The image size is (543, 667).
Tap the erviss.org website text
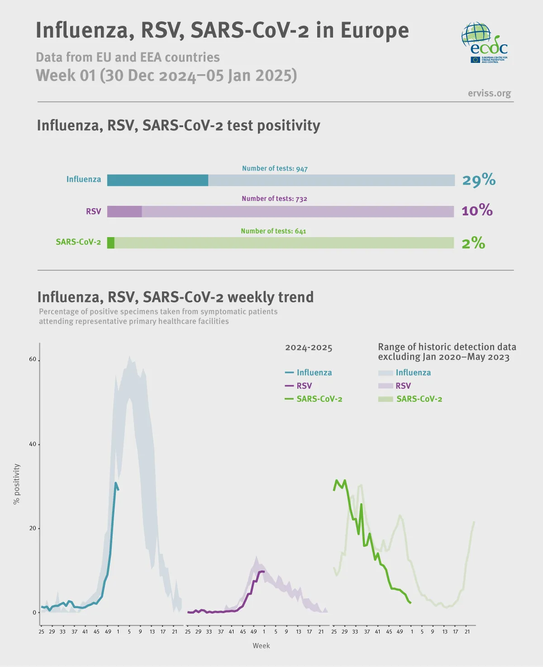point(489,93)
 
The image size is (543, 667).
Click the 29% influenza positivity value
point(479,180)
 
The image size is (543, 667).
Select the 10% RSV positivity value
point(477,210)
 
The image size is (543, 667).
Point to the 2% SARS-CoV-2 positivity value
point(473,243)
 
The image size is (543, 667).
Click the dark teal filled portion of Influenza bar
point(157,180)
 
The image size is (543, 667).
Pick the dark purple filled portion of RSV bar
point(124,211)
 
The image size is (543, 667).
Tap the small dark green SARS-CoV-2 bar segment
point(111,243)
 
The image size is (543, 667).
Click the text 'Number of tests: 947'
point(275,168)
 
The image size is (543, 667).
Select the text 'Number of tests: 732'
point(274,199)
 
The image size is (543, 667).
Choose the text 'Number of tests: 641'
point(273,231)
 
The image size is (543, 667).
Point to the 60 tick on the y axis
point(33,359)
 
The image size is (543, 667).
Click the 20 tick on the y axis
point(33,528)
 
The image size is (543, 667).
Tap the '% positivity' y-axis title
point(17,484)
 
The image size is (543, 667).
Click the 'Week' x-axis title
point(261,646)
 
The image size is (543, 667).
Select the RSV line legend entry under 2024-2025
point(299,386)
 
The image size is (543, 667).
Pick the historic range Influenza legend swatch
point(386,373)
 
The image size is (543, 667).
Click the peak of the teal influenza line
point(116,483)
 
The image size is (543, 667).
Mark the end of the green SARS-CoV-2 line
point(410,603)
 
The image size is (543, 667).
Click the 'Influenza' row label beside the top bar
point(84,179)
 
